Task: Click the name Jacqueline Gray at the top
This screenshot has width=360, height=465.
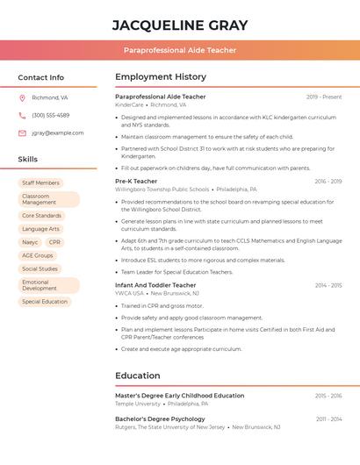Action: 180,25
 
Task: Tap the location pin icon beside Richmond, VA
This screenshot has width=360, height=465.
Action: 22,98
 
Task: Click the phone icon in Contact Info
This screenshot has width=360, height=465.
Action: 22,116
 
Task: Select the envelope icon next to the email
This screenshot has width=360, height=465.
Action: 22,133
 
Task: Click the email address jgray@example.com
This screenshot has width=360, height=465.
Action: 58,133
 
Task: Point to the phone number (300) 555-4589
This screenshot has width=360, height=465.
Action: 51,116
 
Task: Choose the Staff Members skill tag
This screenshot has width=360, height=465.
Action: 40,183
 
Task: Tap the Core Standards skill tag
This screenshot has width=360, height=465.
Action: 41,215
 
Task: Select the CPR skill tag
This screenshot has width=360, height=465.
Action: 54,242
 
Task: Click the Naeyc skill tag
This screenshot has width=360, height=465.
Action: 30,242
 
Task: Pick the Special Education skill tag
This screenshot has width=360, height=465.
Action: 45,302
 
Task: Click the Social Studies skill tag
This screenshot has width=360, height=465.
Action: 40,269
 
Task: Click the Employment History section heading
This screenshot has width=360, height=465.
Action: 161,77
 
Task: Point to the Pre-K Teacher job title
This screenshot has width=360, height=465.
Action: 136,182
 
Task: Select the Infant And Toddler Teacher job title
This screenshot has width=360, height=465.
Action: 155,285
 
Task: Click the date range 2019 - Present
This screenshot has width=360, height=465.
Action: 324,97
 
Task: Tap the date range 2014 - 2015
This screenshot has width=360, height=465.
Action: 328,285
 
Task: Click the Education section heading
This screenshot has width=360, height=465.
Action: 137,376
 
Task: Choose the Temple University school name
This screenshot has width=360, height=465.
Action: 138,404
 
